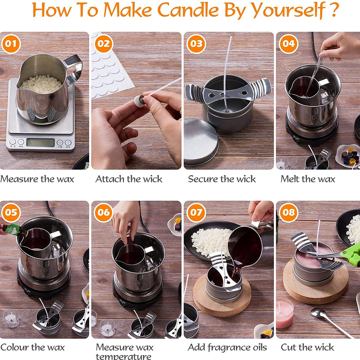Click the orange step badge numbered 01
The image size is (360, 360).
tap(11, 44)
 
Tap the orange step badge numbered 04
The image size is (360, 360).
tap(288, 44)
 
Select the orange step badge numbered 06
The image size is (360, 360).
tap(104, 212)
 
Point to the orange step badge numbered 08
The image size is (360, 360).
tap(288, 212)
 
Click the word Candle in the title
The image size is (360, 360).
tap(188, 10)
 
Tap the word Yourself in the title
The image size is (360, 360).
tap(288, 10)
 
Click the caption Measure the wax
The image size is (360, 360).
tap(37, 179)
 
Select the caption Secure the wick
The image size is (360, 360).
tap(222, 179)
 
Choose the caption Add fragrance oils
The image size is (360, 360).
tap(227, 348)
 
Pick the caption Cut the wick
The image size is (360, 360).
tap(307, 347)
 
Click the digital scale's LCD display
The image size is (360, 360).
tap(40, 143)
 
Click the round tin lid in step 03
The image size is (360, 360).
tap(200, 143)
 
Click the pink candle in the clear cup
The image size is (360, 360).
tap(285, 314)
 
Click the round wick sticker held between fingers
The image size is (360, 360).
tap(139, 100)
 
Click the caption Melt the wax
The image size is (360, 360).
tap(307, 179)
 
